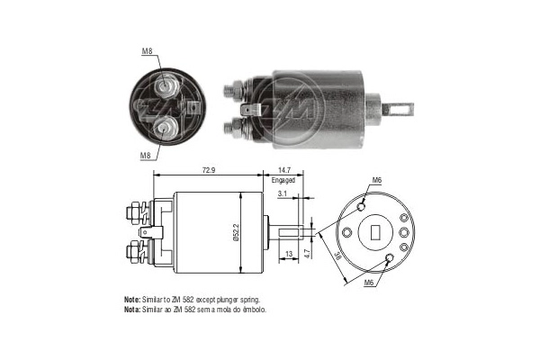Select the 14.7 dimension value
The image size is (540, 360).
(283, 169)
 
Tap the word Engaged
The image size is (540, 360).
(283, 180)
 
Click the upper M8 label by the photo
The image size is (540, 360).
(147, 51)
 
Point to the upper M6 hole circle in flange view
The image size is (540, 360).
(361, 206)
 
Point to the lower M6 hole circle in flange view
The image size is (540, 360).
(389, 259)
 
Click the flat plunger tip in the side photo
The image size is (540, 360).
(398, 108)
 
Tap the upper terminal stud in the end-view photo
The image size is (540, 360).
(166, 86)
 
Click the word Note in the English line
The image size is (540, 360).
(131, 298)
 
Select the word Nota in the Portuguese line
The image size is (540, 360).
(131, 309)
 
